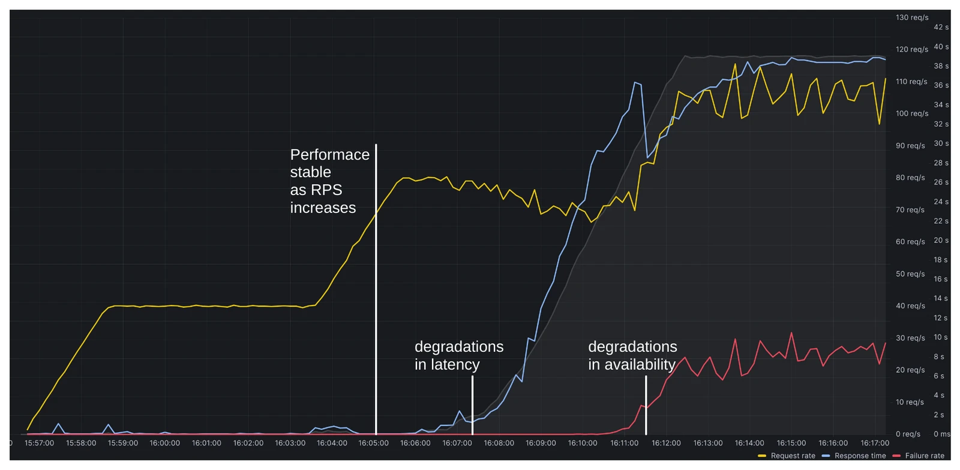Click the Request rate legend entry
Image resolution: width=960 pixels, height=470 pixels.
click(x=792, y=456)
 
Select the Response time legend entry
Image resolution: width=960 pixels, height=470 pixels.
click(x=859, y=456)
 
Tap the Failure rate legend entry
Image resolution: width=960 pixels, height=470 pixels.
click(x=924, y=456)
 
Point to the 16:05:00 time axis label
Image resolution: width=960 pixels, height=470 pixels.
click(x=373, y=443)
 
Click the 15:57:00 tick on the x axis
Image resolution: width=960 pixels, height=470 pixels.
click(x=39, y=443)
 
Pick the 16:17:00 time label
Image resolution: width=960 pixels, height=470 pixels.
click(x=875, y=443)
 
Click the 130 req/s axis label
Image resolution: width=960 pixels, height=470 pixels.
click(x=912, y=17)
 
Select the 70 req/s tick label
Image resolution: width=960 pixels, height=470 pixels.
click(x=910, y=210)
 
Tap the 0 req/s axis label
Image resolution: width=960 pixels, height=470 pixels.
click(x=908, y=434)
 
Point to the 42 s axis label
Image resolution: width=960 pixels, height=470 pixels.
click(x=941, y=27)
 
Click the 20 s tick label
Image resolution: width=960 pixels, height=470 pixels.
click(x=941, y=240)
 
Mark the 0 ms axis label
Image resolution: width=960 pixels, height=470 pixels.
click(x=941, y=434)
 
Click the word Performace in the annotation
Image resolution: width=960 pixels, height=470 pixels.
click(x=329, y=155)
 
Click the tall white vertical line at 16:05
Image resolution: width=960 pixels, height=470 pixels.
click(x=376, y=288)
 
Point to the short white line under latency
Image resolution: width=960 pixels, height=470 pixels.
click(x=472, y=405)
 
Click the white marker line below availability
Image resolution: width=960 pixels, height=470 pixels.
click(x=646, y=405)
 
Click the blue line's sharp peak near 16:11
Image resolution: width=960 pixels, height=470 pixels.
click(x=635, y=83)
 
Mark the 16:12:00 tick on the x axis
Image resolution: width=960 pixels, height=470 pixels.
click(x=666, y=443)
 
